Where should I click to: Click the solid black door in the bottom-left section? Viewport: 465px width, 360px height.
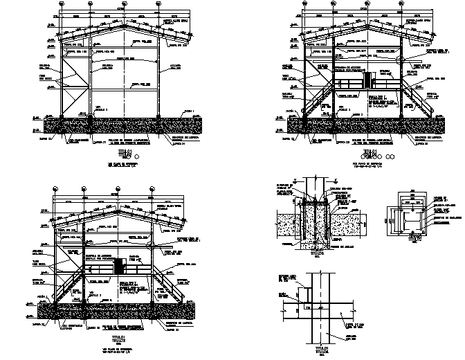tap(118, 267)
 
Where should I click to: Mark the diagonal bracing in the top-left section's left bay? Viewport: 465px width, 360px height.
tap(76, 87)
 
